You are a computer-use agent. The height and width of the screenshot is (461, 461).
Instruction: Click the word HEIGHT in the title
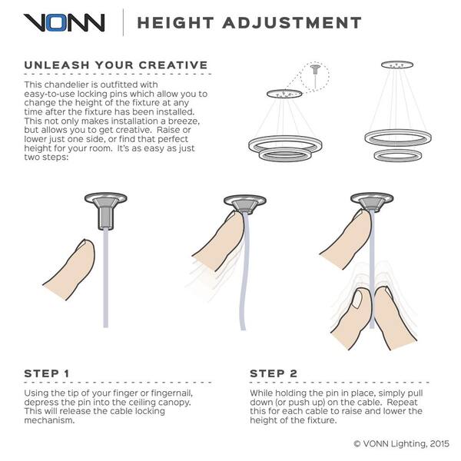click(175, 23)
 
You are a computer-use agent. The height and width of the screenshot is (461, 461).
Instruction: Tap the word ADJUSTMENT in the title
click(292, 23)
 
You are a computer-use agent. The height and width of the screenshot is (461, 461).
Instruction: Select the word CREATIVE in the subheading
click(173, 65)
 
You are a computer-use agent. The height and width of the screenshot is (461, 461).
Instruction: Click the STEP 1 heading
click(47, 373)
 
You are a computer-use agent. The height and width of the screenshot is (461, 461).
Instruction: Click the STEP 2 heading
click(274, 373)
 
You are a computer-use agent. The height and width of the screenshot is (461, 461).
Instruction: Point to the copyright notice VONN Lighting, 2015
click(402, 443)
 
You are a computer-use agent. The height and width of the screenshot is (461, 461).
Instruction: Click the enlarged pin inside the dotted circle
click(316, 74)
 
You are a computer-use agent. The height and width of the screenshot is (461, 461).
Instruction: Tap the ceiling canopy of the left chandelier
click(284, 94)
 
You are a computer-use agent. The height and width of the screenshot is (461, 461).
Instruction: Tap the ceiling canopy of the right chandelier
click(397, 65)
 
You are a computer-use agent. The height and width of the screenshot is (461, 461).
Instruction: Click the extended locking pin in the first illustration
click(105, 218)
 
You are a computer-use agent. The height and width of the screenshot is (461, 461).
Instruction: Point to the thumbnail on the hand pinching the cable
click(357, 299)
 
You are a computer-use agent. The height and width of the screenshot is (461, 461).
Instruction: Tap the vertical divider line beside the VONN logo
click(123, 22)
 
